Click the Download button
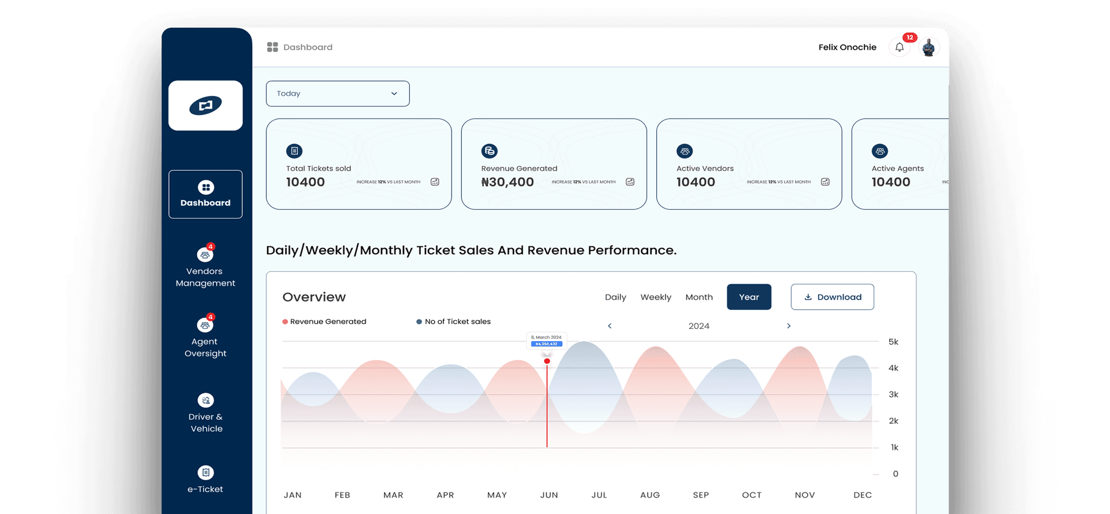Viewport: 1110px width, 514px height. pos(832,297)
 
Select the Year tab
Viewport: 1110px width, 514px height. pos(749,297)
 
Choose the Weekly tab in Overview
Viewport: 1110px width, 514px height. pos(656,297)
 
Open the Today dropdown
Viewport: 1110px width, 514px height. pos(338,94)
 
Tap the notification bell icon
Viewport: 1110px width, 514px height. pos(900,47)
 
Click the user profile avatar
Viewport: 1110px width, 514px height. pos(928,47)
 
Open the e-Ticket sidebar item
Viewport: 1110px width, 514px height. pos(205,479)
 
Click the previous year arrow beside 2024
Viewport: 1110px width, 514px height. pos(609,326)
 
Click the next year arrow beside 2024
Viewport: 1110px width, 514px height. pos(789,326)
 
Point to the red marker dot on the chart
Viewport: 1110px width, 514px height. pos(547,361)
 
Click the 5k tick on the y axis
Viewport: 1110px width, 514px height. pos(893,342)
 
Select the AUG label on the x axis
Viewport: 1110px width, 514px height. pos(650,495)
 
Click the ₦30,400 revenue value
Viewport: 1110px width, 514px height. pos(507,182)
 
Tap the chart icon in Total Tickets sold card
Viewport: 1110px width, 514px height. pos(435,182)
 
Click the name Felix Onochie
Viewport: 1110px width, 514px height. pos(847,47)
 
